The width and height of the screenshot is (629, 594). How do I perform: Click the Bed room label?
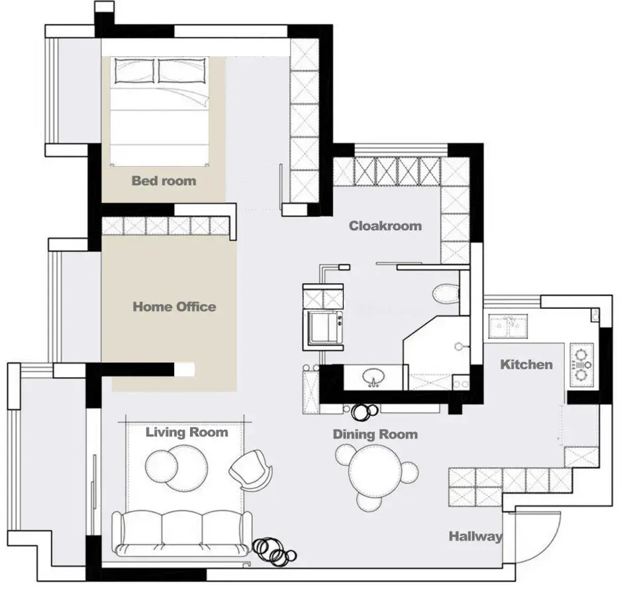[164, 181]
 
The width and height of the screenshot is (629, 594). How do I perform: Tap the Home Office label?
[174, 307]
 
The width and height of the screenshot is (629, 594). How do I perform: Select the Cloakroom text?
[385, 226]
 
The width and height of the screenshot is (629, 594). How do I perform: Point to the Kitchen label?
[526, 364]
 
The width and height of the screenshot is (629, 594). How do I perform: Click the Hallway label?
[475, 536]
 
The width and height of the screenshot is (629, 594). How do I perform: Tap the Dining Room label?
[375, 434]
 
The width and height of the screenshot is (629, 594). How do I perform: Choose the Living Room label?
[187, 432]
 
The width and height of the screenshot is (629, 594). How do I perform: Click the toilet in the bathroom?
[446, 293]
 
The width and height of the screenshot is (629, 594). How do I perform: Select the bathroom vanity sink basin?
[373, 377]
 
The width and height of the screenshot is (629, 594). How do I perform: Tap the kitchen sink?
[508, 326]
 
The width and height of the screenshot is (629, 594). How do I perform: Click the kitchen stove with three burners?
[581, 364]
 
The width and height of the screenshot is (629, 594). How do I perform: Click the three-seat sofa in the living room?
[181, 533]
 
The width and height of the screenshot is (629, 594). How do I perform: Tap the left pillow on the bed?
[134, 71]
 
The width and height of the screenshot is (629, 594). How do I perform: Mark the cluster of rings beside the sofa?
[274, 552]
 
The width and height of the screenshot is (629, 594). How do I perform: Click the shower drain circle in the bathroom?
[459, 347]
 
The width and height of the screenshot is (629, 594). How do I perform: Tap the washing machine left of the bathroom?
[323, 327]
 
